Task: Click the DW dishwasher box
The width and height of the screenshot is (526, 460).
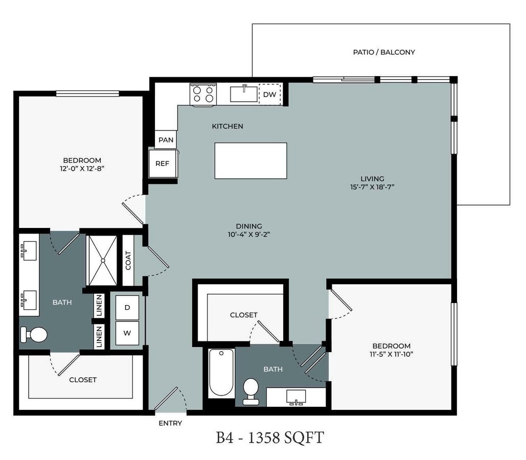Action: (x=270, y=94)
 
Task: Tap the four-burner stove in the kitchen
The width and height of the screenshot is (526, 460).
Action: (x=203, y=94)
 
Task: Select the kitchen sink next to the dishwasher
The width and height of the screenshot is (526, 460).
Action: (x=244, y=94)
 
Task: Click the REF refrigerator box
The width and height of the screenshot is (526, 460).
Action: (x=163, y=164)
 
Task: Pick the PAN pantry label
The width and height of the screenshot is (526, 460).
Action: (x=166, y=140)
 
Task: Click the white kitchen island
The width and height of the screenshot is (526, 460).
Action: (x=250, y=160)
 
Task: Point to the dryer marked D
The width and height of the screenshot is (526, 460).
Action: (x=127, y=308)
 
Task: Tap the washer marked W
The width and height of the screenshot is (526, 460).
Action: (x=127, y=333)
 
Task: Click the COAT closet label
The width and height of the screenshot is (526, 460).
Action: (x=128, y=260)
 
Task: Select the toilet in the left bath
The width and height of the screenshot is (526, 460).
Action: (x=34, y=334)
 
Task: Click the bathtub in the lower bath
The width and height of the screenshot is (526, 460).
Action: (x=221, y=373)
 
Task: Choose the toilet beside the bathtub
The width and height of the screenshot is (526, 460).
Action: (x=250, y=391)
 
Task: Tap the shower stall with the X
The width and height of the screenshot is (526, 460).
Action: (x=102, y=260)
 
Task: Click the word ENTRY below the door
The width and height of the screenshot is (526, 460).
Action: (x=170, y=423)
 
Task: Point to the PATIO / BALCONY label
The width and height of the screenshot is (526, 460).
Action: (x=384, y=52)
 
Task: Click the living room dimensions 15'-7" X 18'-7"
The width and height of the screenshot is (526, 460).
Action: (x=372, y=187)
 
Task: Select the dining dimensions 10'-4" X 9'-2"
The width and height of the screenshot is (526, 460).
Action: (x=249, y=234)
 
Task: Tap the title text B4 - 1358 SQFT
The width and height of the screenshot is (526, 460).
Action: (x=270, y=438)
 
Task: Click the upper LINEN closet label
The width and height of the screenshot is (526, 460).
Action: (x=99, y=306)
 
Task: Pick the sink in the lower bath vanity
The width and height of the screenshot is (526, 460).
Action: (x=296, y=398)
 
